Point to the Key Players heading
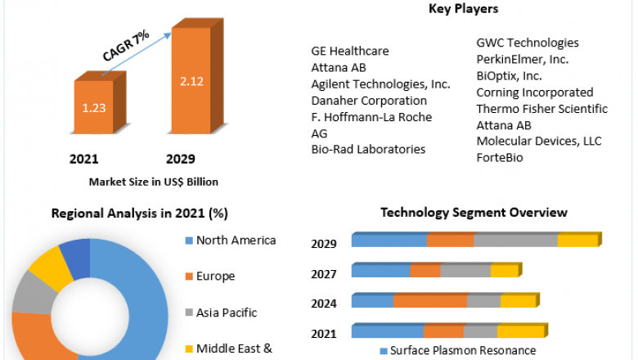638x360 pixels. click(x=463, y=9)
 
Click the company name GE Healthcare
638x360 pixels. click(x=350, y=51)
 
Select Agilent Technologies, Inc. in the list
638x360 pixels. click(x=380, y=84)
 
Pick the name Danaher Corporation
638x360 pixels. click(x=369, y=101)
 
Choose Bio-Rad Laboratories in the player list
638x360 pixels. click(x=368, y=149)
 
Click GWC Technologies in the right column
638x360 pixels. click(x=528, y=43)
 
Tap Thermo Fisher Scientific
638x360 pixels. click(x=541, y=109)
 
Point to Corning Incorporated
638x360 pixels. click(x=535, y=92)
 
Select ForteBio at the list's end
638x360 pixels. click(x=500, y=157)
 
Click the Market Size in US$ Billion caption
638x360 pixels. click(x=153, y=182)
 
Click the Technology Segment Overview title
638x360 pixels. click(x=474, y=213)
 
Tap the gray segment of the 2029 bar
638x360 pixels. click(x=515, y=240)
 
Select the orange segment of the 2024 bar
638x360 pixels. click(x=430, y=301)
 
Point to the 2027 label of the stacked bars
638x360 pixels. click(x=324, y=274)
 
